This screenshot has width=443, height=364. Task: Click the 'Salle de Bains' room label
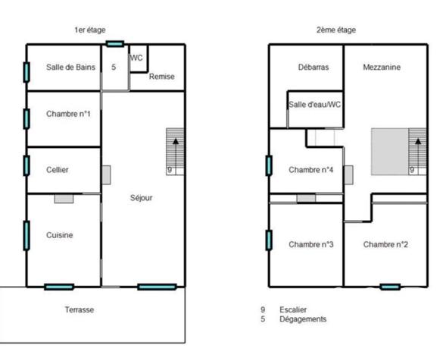click(71, 67)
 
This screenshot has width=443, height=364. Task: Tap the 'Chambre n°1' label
click(68, 114)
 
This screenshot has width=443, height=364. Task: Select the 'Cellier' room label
click(58, 170)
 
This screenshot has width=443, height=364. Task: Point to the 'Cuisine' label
click(59, 235)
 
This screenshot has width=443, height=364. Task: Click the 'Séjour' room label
click(141, 198)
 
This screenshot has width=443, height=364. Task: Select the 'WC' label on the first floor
click(137, 58)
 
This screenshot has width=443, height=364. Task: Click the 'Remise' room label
click(161, 77)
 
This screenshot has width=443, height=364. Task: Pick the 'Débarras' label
click(313, 67)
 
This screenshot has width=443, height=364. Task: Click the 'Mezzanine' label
click(382, 67)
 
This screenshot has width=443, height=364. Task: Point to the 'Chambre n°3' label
click(311, 244)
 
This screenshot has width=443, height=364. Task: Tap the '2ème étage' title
click(335, 30)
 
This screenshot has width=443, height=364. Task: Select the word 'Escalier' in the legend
click(294, 309)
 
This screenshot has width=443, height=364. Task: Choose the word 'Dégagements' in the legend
click(303, 319)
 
